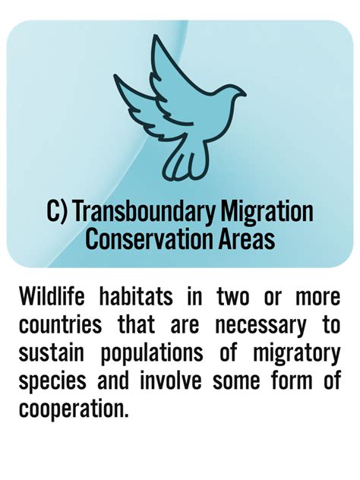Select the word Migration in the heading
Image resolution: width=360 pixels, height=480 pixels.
pos(270,211)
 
